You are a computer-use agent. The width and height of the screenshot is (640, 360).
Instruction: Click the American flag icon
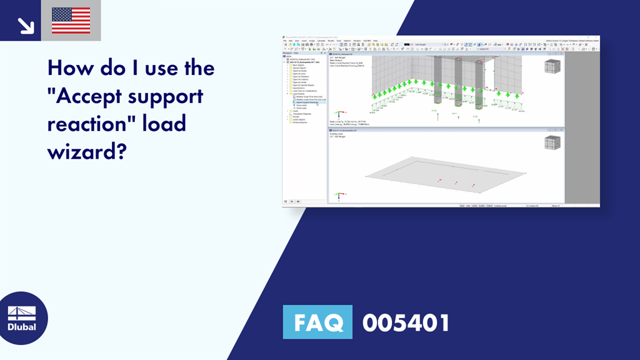point(71,21)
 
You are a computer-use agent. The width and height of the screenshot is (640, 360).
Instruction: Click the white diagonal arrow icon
point(26,25)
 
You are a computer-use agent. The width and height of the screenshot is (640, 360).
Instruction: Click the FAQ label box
point(317,323)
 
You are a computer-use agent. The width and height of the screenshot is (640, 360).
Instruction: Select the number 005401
point(406,323)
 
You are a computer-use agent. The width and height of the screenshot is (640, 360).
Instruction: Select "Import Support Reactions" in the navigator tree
point(307,102)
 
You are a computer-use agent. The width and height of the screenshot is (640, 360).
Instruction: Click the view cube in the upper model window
point(551,67)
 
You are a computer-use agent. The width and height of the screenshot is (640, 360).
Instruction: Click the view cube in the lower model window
point(552,142)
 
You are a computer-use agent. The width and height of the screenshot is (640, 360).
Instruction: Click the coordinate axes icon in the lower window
point(338,195)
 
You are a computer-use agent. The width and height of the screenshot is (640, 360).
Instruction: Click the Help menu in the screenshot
point(375,40)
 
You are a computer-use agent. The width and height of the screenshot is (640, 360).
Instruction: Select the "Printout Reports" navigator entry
point(301,122)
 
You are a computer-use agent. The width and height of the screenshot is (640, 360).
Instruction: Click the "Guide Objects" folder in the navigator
point(299,119)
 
